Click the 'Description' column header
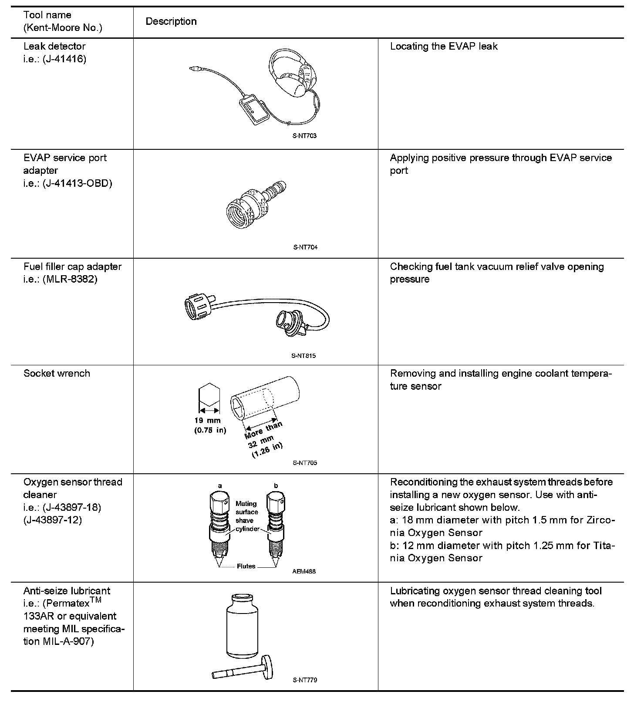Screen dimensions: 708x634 [x=171, y=21]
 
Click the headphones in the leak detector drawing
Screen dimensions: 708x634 [x=292, y=74]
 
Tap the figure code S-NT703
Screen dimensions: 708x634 [x=304, y=136]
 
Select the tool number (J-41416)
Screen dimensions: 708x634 [x=64, y=59]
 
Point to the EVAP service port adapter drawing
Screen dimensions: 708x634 [x=255, y=203]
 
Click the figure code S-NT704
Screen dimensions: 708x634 [x=305, y=247]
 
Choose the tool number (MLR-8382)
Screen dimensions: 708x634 [x=70, y=279]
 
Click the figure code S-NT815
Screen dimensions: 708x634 [x=304, y=356]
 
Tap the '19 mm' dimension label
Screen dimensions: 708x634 [x=207, y=421]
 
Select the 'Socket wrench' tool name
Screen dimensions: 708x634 [x=57, y=373]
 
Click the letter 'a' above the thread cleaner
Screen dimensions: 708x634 [x=220, y=485]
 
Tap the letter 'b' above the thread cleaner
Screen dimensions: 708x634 [x=276, y=485]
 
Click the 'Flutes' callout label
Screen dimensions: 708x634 [x=246, y=566]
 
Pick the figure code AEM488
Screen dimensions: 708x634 [x=304, y=571]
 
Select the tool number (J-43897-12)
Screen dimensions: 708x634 [x=53, y=520]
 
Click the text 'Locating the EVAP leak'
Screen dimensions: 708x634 [x=443, y=46]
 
